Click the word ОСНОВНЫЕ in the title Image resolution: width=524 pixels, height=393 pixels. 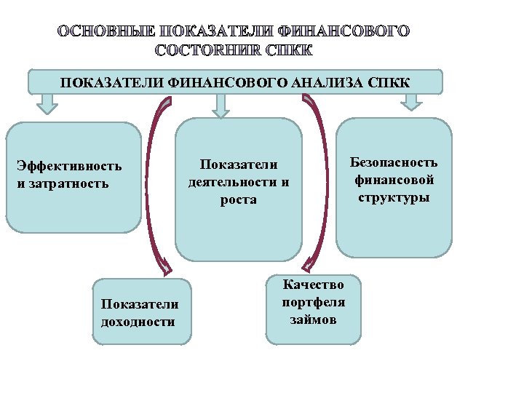pyautogui.click(x=105, y=31)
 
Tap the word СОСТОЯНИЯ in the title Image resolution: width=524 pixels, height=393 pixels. pyautogui.click(x=209, y=50)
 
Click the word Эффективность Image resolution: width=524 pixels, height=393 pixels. pyautogui.click(x=69, y=166)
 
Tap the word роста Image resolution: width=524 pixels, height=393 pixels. pyautogui.click(x=239, y=199)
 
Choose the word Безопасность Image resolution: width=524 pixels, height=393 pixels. pyautogui.click(x=394, y=162)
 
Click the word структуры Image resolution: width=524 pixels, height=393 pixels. pyautogui.click(x=394, y=196)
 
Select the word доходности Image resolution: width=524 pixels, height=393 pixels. pyautogui.click(x=138, y=321)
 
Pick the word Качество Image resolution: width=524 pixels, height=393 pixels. pyautogui.click(x=313, y=285)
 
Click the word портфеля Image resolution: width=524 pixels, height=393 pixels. pyautogui.click(x=313, y=301)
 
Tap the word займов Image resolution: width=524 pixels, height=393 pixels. pyautogui.click(x=313, y=319)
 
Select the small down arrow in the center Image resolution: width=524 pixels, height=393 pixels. pyautogui.click(x=220, y=106)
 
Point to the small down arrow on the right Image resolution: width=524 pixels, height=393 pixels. pyautogui.click(x=411, y=102)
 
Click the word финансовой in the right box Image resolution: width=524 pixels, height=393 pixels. pyautogui.click(x=394, y=180)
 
